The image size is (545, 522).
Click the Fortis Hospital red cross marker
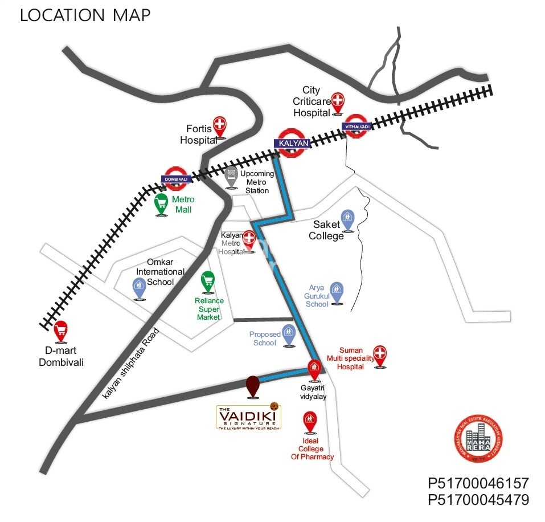pos(219,125)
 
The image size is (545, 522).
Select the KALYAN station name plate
pos(293,143)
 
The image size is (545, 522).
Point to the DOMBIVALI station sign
pos(175,179)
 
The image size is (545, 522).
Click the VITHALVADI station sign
pos(356,126)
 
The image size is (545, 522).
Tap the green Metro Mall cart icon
pos(162,202)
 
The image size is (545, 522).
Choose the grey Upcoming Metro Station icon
pos(231,176)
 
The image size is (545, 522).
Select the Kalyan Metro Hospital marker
pos(248,238)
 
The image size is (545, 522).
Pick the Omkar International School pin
pos(140,286)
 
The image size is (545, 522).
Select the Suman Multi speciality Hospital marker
pos(380,354)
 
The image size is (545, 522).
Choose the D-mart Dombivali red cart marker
pos(60,331)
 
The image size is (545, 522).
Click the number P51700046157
pos(478,483)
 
